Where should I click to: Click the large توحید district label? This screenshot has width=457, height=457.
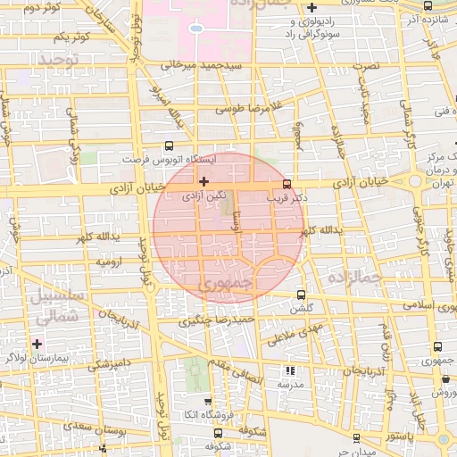tap(58, 59)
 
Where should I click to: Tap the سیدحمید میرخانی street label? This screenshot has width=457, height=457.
tap(190, 65)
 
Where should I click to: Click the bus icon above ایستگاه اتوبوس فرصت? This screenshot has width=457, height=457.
tap(170, 145)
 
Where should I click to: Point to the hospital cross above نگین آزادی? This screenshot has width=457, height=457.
tap(204, 181)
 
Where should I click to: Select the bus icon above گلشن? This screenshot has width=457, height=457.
tap(300, 295)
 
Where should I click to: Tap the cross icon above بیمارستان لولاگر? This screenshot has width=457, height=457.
tap(37, 343)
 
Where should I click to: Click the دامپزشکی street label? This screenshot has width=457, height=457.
tap(110, 364)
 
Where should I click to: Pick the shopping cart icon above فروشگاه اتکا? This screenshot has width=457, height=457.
tap(208, 402)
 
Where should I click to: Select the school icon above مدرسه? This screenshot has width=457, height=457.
tap(288, 370)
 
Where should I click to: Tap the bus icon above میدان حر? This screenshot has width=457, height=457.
tap(356, 437)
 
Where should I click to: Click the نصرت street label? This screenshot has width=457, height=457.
tap(367, 66)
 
